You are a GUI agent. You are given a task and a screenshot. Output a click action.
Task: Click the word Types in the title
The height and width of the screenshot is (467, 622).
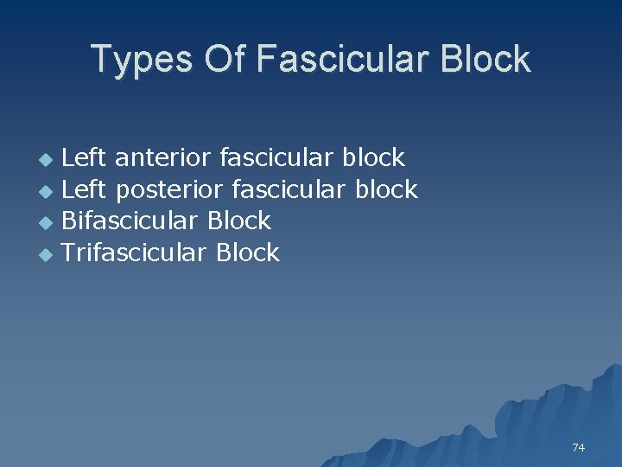(x=142, y=60)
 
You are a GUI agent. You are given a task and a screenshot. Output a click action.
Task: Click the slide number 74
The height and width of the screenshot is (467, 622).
(x=578, y=447)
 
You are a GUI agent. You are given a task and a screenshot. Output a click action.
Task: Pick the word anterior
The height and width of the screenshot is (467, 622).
(x=162, y=158)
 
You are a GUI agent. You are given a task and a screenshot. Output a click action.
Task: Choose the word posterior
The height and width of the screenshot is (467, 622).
(x=169, y=189)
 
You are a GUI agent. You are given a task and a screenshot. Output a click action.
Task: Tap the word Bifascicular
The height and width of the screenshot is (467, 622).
(x=131, y=221)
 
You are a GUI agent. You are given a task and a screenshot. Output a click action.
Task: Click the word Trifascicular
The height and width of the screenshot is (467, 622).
(x=136, y=253)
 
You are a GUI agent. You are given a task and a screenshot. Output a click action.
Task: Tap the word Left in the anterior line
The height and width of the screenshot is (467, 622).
(x=85, y=158)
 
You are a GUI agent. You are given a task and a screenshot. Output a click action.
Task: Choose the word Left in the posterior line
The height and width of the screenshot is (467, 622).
(x=85, y=189)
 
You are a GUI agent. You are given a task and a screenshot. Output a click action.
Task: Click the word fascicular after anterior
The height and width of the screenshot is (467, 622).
(x=276, y=158)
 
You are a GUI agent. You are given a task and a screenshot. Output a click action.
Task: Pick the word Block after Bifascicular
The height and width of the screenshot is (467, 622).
(x=239, y=221)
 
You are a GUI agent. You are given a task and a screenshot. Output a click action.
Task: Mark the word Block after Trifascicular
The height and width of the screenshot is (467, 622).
(x=248, y=253)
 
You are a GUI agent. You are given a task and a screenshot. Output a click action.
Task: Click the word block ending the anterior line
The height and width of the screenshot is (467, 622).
(x=373, y=158)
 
